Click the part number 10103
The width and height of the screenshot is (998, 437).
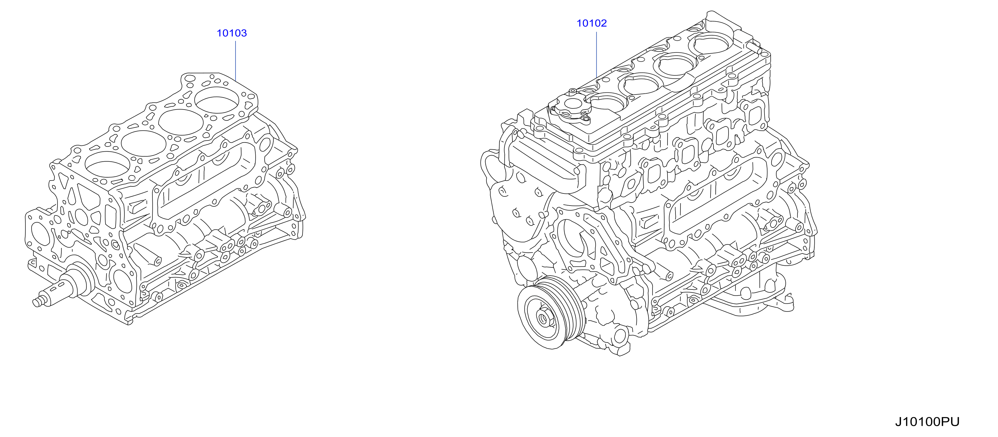[232, 33]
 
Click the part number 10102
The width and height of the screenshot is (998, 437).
[592, 23]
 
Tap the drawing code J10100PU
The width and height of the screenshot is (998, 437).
[927, 421]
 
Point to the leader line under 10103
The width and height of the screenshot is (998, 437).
[236, 60]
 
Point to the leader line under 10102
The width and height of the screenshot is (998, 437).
[596, 54]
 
